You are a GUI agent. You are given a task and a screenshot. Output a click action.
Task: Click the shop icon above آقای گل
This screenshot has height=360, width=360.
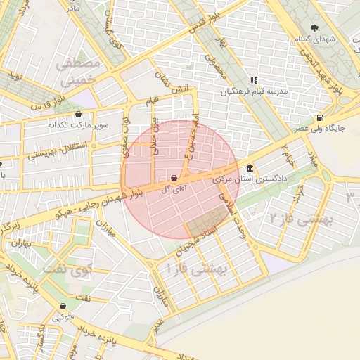point(174,179)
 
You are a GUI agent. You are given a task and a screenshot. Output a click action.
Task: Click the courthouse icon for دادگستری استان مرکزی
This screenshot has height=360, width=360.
point(251,169)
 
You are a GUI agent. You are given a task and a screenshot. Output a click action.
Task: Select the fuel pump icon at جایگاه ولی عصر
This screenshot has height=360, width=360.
point(321,117)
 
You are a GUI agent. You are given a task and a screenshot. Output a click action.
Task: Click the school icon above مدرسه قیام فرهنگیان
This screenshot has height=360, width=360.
point(253,81)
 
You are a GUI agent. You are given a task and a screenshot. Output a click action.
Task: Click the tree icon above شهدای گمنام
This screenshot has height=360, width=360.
point(314,27)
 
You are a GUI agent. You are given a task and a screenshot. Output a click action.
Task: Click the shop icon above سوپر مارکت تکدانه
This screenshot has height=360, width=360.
point(77,114)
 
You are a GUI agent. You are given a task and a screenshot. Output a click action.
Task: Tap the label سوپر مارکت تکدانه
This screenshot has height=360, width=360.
point(78,125)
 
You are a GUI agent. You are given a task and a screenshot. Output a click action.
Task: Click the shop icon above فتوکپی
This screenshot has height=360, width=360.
point(64,307)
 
